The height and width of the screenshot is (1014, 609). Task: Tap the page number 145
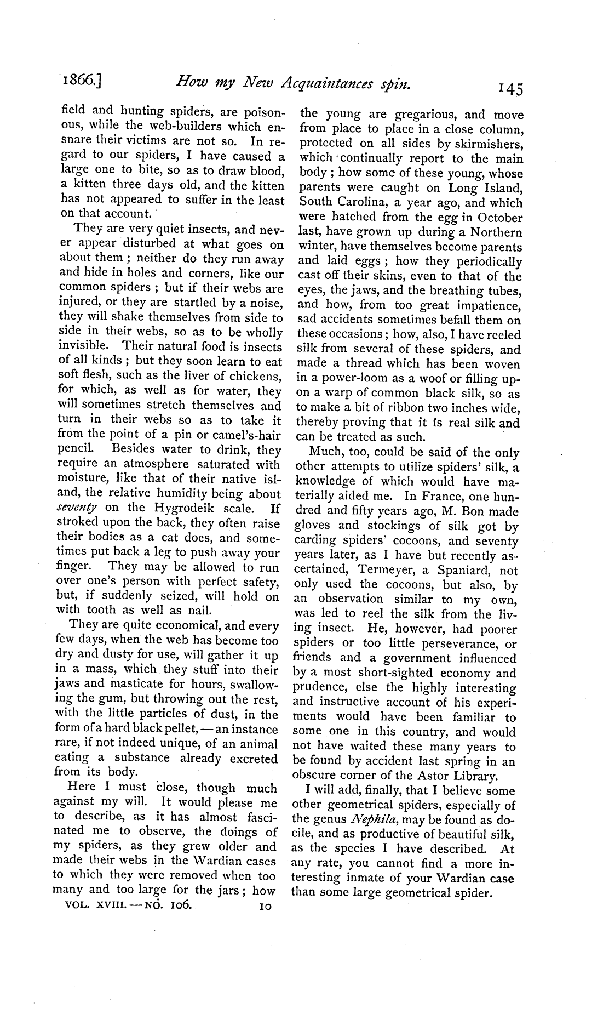point(507,89)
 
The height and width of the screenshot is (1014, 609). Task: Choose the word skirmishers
point(489,144)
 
